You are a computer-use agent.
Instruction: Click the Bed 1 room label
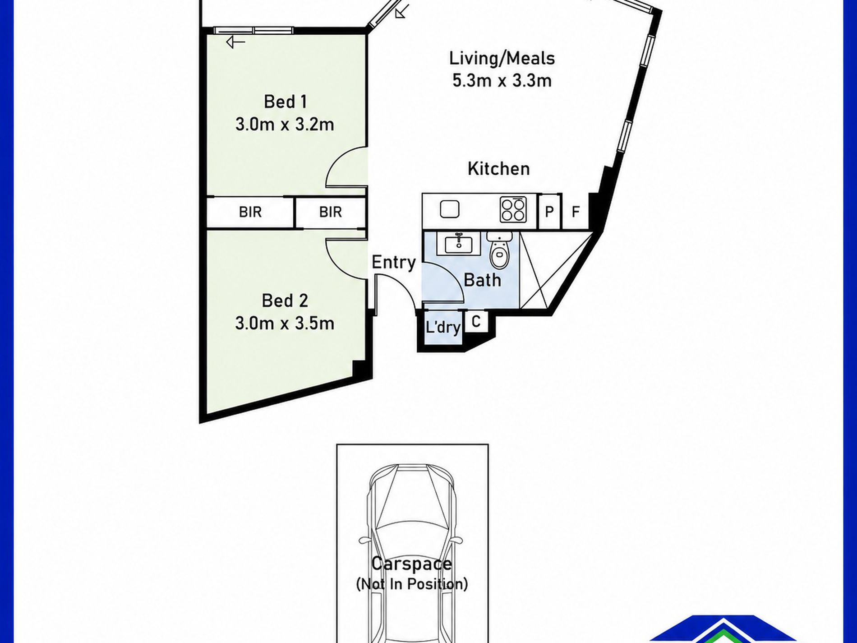coord(285,102)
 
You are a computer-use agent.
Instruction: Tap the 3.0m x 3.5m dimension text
coord(285,323)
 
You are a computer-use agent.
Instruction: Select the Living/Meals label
coord(502,58)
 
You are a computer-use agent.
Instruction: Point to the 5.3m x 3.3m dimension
coord(502,81)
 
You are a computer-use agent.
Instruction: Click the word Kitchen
coord(498,168)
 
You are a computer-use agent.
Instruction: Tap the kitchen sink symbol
coord(450,209)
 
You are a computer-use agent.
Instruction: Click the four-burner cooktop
coord(513,210)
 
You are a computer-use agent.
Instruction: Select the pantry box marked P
coord(550,211)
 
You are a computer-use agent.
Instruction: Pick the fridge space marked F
coord(576,211)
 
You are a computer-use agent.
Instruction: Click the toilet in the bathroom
coord(499,250)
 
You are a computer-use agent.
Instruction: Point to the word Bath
coord(482,280)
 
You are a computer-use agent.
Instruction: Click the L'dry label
coord(443,327)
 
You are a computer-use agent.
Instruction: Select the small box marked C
coord(475,322)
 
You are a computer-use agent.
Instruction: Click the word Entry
coord(393,262)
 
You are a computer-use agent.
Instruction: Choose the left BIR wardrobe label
coord(250,212)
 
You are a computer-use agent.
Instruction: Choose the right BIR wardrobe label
coord(330,212)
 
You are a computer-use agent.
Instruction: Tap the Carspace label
coord(411,564)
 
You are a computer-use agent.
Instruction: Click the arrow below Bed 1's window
coord(235,42)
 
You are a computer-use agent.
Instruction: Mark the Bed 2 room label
coord(285,301)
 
